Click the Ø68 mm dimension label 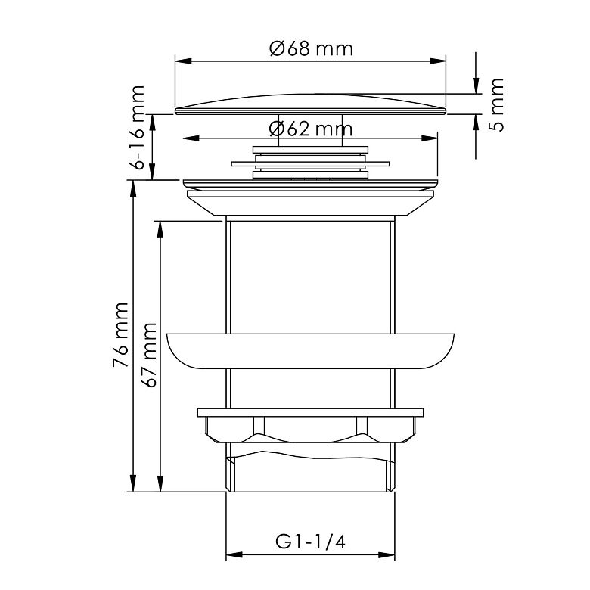point(311,48)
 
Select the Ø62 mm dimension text point(311,129)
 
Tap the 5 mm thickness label point(497,104)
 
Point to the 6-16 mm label point(137,128)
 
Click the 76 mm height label point(121,334)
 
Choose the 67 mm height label point(149,356)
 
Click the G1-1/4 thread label point(310,542)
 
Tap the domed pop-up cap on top point(310,104)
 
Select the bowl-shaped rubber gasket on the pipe point(310,351)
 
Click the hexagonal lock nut point(310,425)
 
